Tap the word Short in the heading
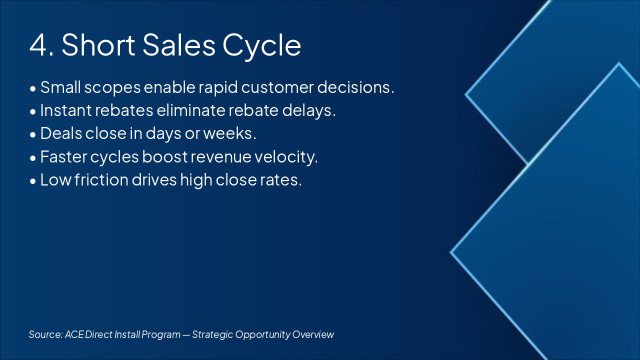98,44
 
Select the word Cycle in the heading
261,46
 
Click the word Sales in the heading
179,44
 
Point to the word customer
277,87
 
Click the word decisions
355,86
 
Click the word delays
309,111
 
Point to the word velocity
286,157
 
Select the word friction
101,179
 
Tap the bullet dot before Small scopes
33,88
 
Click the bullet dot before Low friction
33,181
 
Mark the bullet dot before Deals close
33,135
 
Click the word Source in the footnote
45,334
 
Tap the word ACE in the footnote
74,334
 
